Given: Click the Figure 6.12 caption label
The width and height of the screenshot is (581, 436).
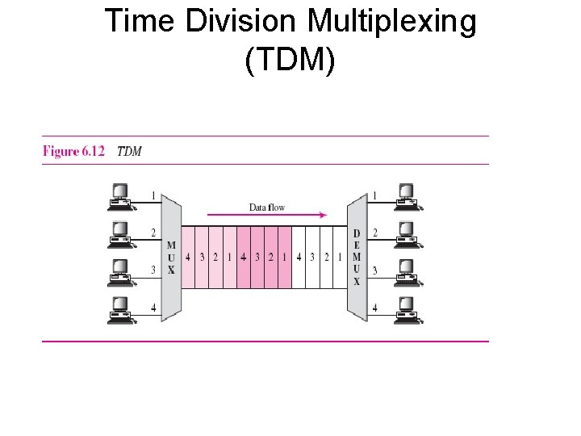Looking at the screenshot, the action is (73, 151).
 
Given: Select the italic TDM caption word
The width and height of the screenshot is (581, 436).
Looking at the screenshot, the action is (129, 151).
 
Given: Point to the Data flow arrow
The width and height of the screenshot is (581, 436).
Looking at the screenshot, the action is (267, 216).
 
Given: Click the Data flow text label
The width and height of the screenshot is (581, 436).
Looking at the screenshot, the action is (266, 208).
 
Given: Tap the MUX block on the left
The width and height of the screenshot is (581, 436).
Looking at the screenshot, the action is (171, 258).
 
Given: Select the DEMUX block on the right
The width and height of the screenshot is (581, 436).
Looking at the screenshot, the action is (357, 258).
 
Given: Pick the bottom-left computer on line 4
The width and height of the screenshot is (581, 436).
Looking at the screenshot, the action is (121, 310).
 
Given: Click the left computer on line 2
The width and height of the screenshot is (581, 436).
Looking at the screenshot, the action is (121, 235).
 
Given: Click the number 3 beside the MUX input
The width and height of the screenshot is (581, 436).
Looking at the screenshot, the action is (153, 270).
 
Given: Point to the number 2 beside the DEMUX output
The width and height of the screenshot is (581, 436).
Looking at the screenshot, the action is (374, 233).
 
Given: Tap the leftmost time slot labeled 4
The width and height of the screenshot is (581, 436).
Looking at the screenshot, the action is (188, 258).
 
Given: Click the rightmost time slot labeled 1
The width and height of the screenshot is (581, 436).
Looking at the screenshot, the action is (340, 258).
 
